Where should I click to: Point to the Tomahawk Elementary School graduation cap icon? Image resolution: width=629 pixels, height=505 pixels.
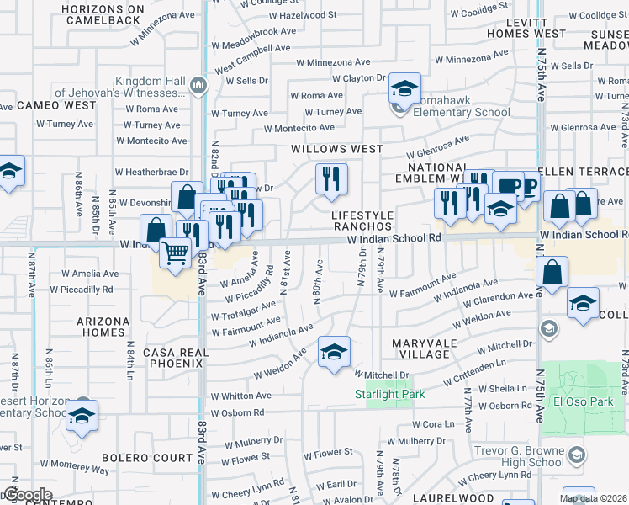point(404,88)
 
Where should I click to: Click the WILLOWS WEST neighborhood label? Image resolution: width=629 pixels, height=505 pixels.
point(336,149)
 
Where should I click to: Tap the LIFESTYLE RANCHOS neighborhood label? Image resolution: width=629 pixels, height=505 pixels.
point(362,221)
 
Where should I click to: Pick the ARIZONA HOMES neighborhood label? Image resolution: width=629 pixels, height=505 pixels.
point(103,327)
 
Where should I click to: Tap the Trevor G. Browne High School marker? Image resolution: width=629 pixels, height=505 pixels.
point(576,455)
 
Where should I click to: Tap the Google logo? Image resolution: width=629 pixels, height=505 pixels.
point(28,495)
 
